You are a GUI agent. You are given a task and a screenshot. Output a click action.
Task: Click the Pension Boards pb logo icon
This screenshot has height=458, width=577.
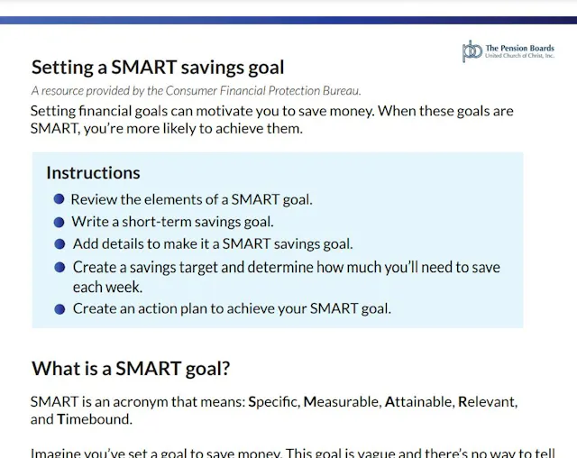[x=472, y=51]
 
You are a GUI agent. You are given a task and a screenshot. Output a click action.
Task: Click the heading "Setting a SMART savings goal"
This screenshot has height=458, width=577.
[x=158, y=68]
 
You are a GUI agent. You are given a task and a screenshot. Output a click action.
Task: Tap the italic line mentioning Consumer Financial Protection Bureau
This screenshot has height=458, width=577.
[x=196, y=90]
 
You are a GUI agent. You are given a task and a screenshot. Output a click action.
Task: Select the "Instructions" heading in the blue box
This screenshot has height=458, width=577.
[x=93, y=173]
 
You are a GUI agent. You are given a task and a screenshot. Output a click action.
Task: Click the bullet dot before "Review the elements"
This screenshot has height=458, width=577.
[x=59, y=199]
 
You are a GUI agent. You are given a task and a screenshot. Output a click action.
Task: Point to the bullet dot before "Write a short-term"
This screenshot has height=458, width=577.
[x=59, y=222]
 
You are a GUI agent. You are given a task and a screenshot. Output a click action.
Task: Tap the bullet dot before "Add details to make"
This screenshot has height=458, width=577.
[x=60, y=244]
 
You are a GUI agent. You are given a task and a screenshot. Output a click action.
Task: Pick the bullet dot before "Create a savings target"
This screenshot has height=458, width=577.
[x=60, y=268]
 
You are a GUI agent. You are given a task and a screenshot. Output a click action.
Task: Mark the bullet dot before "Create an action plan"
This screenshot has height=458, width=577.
[x=60, y=308]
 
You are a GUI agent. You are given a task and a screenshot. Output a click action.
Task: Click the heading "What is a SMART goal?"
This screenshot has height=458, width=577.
[x=131, y=369]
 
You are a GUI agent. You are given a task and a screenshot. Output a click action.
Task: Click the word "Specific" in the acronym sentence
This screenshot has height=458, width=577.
[x=273, y=401]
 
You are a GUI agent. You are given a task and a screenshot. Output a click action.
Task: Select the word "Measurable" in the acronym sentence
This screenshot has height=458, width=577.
[x=341, y=401]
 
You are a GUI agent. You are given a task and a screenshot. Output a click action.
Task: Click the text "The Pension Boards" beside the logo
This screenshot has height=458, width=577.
[x=519, y=48]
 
